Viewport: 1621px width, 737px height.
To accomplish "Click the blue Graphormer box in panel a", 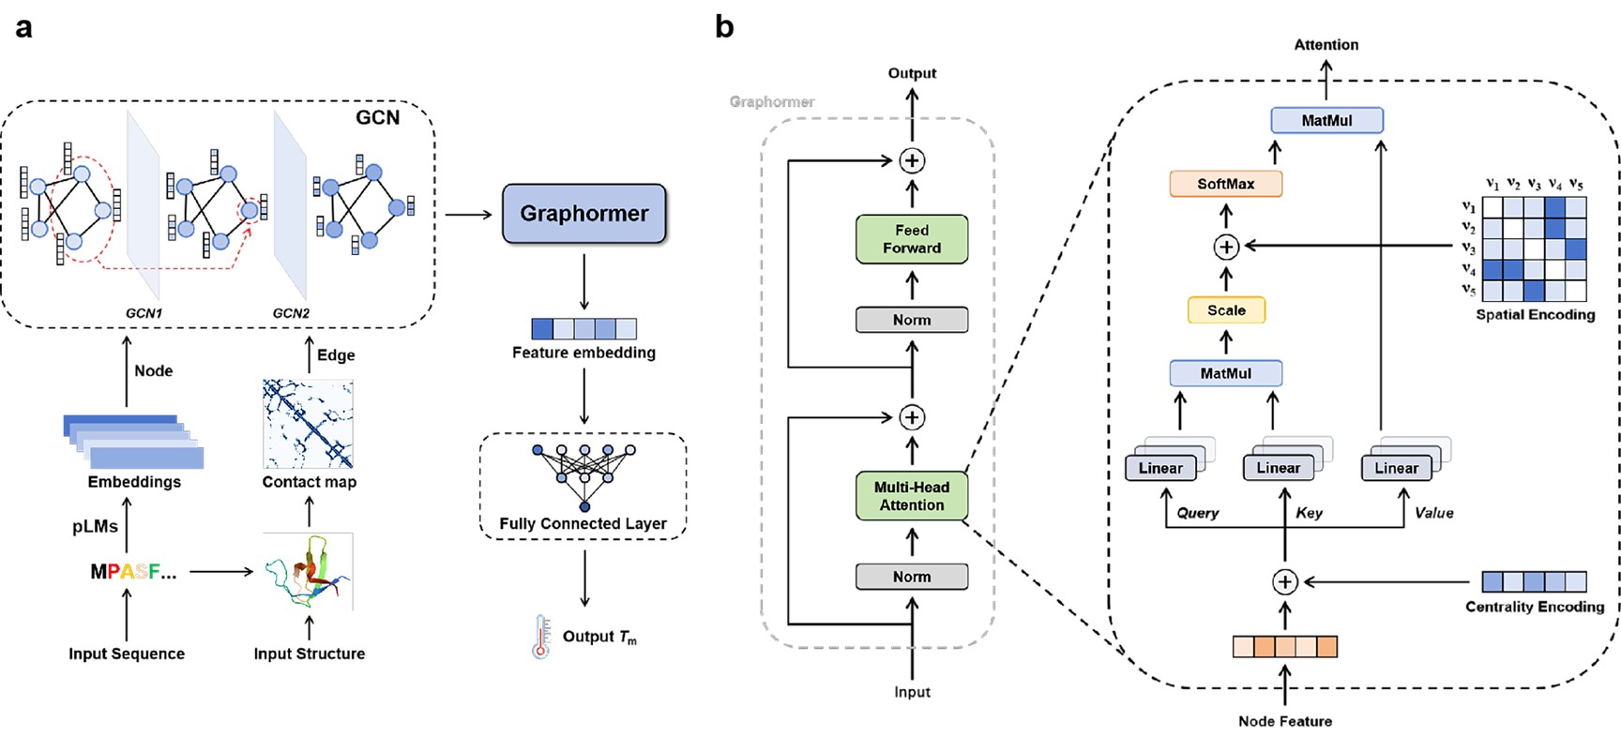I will click(x=583, y=214).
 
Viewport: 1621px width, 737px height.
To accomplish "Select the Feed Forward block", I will click(x=911, y=239).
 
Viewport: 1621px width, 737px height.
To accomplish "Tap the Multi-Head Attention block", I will click(x=911, y=496).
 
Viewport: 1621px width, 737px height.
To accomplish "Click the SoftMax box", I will click(x=1225, y=184).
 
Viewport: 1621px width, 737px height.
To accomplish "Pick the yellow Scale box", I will click(x=1226, y=310).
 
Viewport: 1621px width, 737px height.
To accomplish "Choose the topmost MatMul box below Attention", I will click(x=1326, y=120).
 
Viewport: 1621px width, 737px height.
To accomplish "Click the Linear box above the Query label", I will click(x=1160, y=468).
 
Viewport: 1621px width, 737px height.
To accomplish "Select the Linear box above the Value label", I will click(x=1396, y=468).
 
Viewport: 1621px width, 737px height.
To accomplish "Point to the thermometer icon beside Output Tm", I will click(x=541, y=637).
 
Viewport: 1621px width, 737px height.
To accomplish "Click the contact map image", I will click(x=308, y=424).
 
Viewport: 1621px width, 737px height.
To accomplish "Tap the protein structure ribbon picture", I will click(x=308, y=571).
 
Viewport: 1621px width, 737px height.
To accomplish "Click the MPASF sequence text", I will click(x=132, y=571).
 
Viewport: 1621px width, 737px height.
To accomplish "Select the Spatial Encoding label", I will click(x=1535, y=315).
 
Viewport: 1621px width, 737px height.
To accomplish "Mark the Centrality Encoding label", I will click(x=1535, y=607).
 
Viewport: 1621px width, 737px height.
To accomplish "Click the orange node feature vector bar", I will click(x=1284, y=646).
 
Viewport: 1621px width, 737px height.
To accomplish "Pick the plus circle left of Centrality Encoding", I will click(x=1284, y=582).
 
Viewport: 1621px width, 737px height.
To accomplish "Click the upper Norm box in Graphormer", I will click(x=911, y=320).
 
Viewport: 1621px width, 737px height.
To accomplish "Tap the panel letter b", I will click(x=724, y=26).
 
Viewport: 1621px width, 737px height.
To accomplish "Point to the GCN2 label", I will click(x=291, y=313).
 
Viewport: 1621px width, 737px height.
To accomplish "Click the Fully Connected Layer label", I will click(x=583, y=523).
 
